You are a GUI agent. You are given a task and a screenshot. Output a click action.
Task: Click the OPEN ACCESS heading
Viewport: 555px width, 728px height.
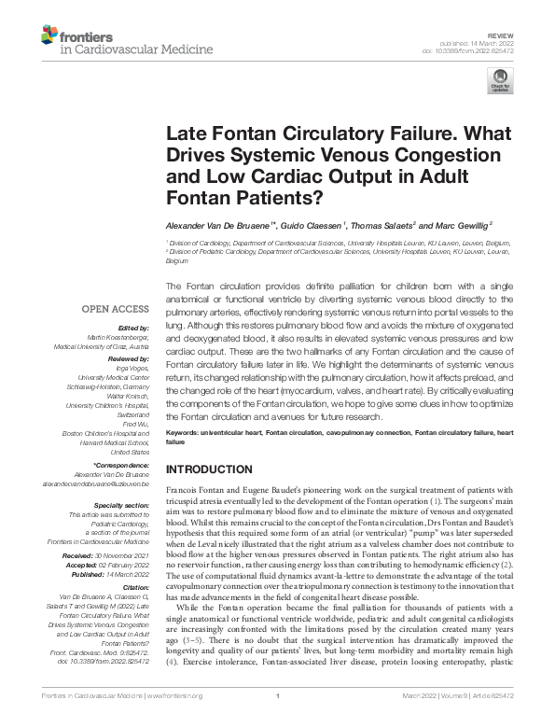[115, 309]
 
